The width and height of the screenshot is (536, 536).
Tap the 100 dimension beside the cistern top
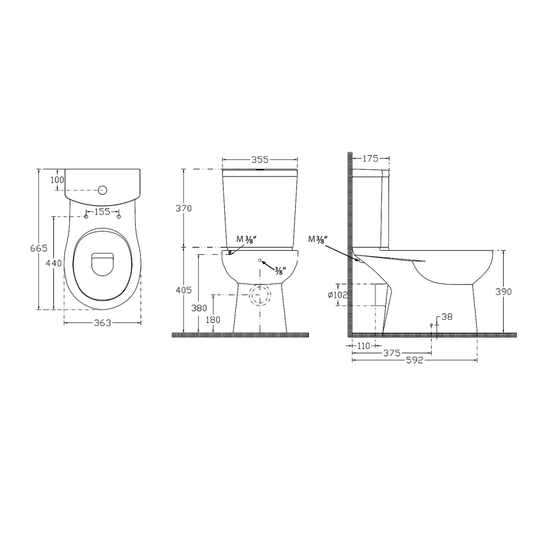click(x=57, y=179)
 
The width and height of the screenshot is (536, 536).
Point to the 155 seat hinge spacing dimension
click(x=101, y=212)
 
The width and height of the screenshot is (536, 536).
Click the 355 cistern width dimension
click(x=259, y=159)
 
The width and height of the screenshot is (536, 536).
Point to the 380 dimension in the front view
click(x=199, y=308)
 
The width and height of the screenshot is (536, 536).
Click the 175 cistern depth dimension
click(x=371, y=159)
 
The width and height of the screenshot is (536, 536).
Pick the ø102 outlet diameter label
click(x=339, y=295)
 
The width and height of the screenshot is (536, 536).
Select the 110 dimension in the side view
click(x=363, y=346)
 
